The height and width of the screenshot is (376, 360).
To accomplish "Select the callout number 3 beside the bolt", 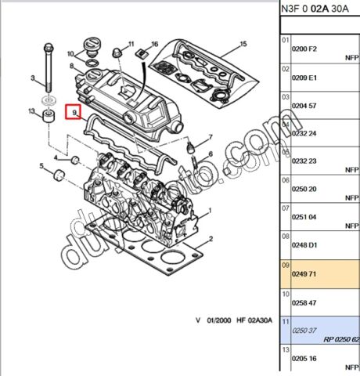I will (x=34, y=78).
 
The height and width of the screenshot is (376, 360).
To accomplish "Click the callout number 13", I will (x=31, y=112).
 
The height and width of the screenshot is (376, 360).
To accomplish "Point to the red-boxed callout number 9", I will (x=74, y=114).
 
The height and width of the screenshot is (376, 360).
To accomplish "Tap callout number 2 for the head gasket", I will (x=209, y=238).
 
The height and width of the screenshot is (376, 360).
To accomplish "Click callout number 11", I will (x=131, y=43).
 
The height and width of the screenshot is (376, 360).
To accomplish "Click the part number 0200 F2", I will (x=305, y=49).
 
